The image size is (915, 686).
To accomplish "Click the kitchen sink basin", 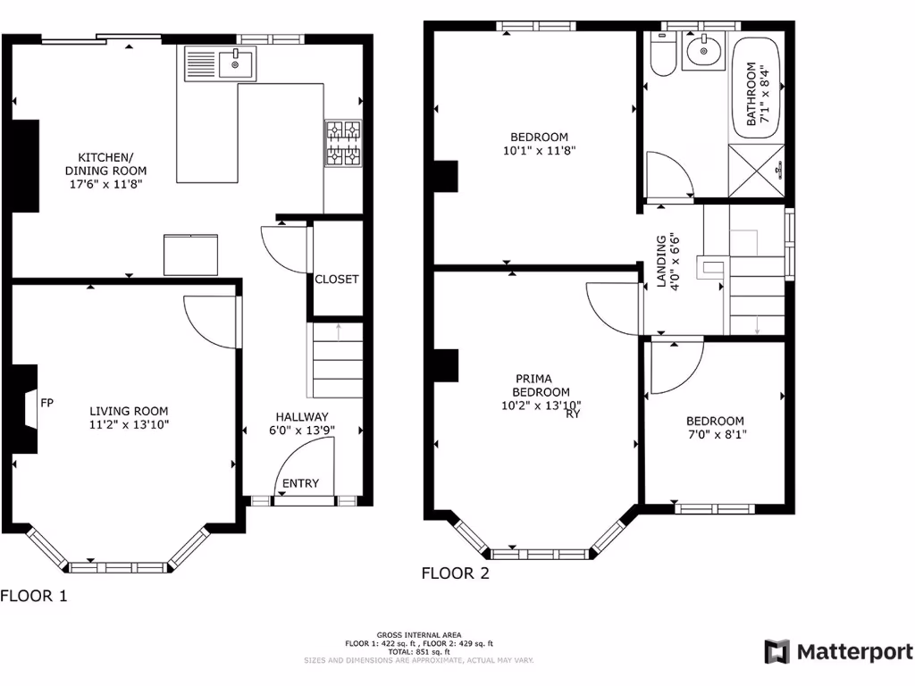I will coord(237,63).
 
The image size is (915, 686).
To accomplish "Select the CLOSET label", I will coord(336,280).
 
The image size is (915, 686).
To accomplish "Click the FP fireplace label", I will coord(47,403).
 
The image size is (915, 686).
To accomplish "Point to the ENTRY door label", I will coord(300,484).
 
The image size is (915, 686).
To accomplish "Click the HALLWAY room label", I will coord(301,416).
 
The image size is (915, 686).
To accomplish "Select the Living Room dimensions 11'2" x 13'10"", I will coord(130,424).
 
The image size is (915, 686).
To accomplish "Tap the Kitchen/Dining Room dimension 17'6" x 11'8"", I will coord(105,183).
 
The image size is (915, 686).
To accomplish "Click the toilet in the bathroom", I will coord(662,55).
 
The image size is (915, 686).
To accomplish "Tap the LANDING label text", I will coord(662,262).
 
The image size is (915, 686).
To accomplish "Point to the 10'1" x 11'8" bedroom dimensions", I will coord(538,151).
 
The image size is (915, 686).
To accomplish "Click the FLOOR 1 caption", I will coord(34,596).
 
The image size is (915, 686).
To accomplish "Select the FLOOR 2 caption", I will coord(456,573).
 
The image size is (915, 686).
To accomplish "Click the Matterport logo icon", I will coord(776,651).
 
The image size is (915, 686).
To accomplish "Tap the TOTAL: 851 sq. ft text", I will coord(419,651).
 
